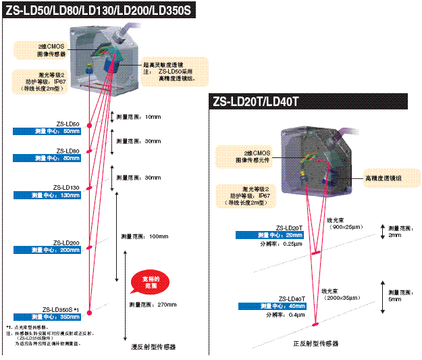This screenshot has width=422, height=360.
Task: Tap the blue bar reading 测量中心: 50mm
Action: [x=47, y=131]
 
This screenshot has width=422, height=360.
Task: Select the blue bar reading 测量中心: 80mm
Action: [x=47, y=158]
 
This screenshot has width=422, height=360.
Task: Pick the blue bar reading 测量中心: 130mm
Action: [x=47, y=195]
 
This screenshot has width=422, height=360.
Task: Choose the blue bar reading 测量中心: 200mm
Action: [x=47, y=250]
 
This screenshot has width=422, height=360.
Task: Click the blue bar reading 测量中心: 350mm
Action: [x=47, y=316]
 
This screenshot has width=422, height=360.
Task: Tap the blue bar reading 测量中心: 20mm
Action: [x=270, y=235]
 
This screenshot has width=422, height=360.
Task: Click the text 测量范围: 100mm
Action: [x=144, y=236]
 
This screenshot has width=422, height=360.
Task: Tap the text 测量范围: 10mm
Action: [x=139, y=117]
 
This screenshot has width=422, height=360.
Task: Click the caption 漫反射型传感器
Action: [x=153, y=346]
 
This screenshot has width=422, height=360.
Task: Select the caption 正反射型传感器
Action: [x=316, y=344]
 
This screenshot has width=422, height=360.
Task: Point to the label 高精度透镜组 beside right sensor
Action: [x=385, y=179]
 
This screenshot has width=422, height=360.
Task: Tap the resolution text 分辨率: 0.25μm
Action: [x=283, y=244]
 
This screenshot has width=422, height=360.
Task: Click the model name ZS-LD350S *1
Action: [x=61, y=309]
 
